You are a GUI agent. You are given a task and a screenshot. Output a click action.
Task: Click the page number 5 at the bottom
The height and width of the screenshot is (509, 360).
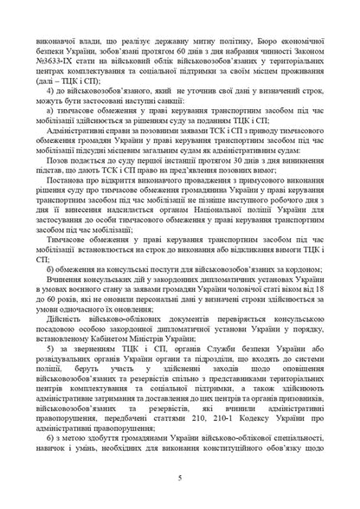(x=179, y=477)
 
